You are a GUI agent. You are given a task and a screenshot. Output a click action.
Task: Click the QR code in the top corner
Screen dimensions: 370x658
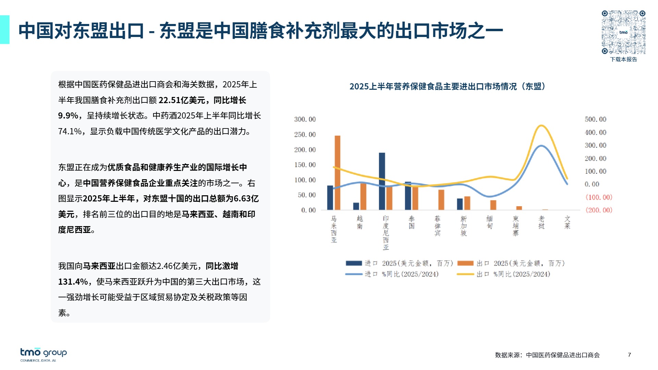623,32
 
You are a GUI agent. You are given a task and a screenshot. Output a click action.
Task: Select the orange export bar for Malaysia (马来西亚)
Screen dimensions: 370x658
338,172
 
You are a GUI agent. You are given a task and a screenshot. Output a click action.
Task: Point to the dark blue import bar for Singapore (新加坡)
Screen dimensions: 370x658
460,204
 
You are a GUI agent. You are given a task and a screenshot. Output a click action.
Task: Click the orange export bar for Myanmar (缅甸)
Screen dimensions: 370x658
493,205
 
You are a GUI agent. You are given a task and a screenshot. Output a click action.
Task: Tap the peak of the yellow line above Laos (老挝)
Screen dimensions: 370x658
541,126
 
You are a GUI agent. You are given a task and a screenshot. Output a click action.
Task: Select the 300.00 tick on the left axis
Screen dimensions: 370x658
305,119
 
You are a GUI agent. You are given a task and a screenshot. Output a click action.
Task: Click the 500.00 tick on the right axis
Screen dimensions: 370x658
595,119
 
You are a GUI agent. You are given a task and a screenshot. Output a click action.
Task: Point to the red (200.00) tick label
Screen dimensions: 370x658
598,210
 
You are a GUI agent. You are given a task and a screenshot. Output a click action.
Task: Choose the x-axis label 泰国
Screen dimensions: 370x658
412,222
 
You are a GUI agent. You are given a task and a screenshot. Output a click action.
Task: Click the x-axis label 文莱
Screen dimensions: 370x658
567,222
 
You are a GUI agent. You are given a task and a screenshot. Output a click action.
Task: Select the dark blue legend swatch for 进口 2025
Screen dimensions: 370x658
354,263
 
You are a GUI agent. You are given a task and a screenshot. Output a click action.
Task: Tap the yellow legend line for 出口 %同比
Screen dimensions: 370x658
465,274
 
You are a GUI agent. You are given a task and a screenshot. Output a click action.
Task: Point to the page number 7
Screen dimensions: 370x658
629,355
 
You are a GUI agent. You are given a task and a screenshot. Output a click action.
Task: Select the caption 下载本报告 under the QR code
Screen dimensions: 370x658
623,59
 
